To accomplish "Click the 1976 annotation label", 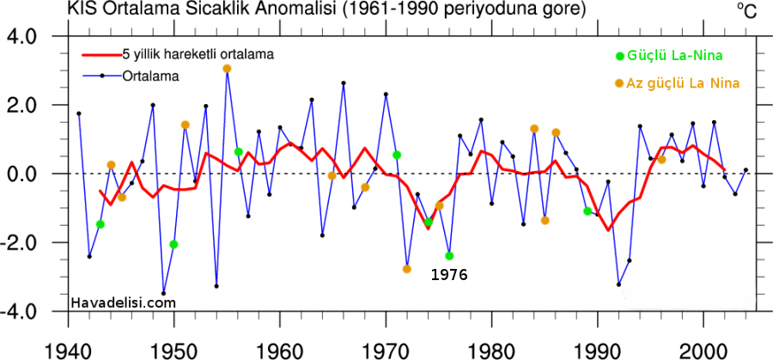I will pos(448,276).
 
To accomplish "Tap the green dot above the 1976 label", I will pos(449,256).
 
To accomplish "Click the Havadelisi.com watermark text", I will pos(123,302).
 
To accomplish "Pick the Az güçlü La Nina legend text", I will pos(683,82).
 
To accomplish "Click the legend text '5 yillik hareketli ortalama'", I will pos(198,54).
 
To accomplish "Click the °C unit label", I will pos(745,11).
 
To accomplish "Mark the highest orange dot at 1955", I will pos(227,69).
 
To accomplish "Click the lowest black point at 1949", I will pos(163,293).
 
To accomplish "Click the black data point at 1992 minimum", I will pos(618,284).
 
